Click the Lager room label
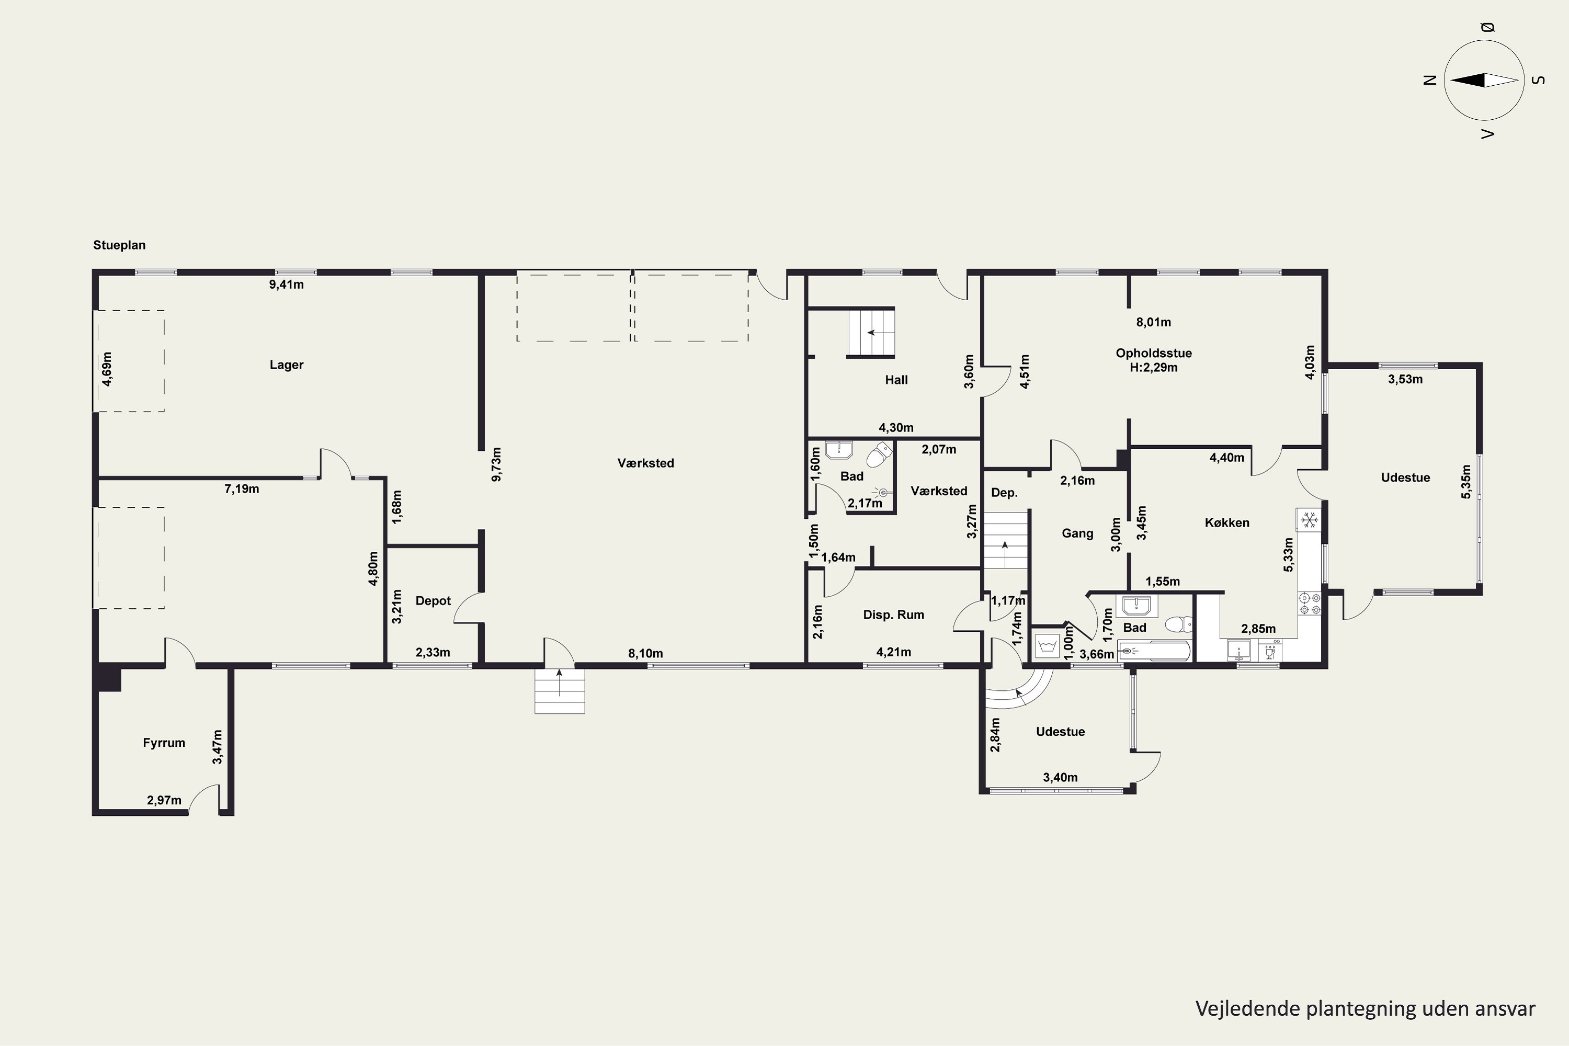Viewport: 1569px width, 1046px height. click(x=286, y=365)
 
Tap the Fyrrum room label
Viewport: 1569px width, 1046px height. click(x=164, y=743)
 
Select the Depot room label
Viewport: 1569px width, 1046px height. click(x=433, y=601)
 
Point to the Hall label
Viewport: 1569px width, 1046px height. click(x=896, y=380)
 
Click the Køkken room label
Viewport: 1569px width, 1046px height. click(x=1227, y=523)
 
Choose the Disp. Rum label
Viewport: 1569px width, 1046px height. click(x=893, y=615)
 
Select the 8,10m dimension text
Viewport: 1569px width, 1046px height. click(x=645, y=654)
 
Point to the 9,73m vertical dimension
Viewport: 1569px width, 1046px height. click(x=496, y=464)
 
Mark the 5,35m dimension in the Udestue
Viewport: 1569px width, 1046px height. click(x=1465, y=482)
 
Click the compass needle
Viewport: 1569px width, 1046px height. click(x=1484, y=80)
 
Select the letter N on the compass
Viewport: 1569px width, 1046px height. click(x=1429, y=80)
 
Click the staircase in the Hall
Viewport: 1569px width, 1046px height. click(x=871, y=332)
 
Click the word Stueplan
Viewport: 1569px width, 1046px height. click(x=119, y=245)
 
